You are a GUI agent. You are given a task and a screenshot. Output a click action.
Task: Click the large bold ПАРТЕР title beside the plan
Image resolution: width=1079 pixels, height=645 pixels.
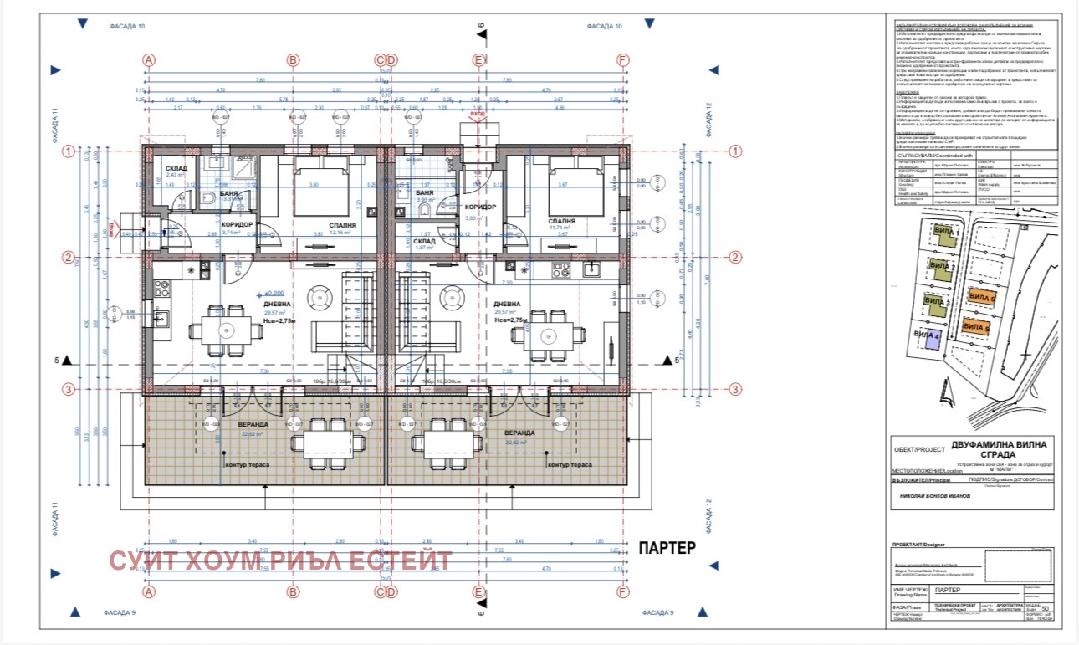tap(667, 549)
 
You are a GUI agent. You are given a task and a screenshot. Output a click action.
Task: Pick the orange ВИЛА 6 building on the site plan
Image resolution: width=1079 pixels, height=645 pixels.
tap(980, 297)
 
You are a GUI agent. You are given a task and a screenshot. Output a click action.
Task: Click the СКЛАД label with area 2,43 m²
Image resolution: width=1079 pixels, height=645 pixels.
tap(176, 169)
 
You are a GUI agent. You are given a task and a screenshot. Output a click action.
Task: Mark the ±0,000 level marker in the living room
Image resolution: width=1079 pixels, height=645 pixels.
tap(275, 293)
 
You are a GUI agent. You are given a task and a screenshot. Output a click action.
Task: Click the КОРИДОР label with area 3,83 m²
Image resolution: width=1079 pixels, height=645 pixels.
tap(480, 207)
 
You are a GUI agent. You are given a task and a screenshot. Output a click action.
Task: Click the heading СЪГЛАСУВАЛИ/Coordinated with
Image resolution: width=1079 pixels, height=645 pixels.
tap(934, 155)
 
